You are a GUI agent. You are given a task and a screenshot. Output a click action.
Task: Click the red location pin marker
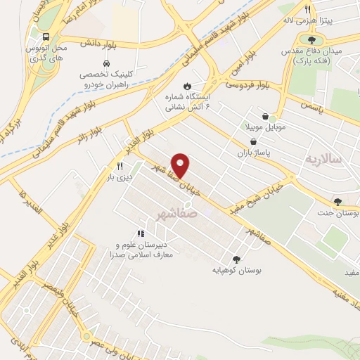181,166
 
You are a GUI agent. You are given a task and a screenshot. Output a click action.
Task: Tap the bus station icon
46,37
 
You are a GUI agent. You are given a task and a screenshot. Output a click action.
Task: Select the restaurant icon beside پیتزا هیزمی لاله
307,9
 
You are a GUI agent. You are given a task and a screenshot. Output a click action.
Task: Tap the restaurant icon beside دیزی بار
120,167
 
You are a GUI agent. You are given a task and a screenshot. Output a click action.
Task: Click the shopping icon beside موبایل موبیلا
264,117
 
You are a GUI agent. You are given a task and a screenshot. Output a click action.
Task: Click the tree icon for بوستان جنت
338,200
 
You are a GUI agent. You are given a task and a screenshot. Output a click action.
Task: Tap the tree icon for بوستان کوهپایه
236,259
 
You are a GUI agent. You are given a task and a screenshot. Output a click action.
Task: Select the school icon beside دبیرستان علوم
141,233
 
